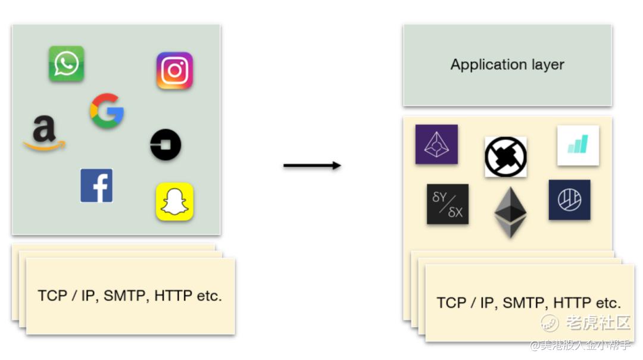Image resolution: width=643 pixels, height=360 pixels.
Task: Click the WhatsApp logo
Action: click(66, 64)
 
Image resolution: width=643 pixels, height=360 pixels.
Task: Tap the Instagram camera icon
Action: click(174, 71)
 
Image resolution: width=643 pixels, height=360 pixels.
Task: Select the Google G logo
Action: click(107, 111)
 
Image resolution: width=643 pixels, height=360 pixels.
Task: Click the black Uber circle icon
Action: click(166, 145)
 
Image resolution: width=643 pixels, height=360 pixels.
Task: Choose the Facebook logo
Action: click(96, 186)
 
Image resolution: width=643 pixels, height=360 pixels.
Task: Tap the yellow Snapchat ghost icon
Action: click(174, 202)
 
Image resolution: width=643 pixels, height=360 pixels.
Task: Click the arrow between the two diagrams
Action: click(312, 165)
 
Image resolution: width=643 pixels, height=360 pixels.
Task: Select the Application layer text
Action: click(507, 65)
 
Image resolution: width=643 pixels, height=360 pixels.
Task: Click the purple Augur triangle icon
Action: click(436, 144)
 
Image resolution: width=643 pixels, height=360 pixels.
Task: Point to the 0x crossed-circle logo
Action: click(505, 157)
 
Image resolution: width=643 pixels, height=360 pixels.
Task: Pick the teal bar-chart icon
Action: click(578, 145)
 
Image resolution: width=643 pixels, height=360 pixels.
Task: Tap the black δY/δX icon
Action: click(448, 204)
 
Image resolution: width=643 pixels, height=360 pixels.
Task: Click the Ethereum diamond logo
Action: click(511, 212)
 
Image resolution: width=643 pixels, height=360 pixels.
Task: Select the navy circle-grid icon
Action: click(569, 199)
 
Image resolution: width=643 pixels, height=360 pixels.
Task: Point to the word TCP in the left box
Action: click(52, 296)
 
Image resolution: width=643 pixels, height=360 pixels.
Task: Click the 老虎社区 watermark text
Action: click(597, 323)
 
